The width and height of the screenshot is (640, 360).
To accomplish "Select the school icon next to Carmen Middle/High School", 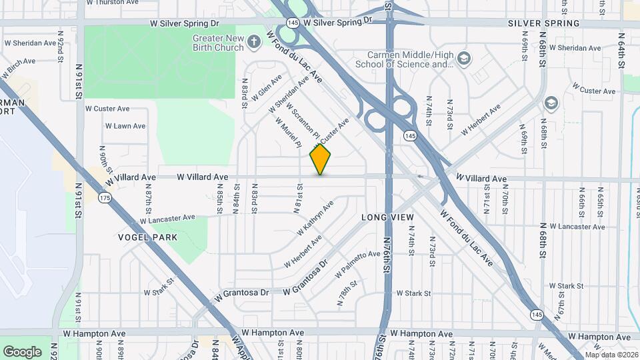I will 463,60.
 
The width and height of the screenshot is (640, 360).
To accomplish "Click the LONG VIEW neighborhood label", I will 387,218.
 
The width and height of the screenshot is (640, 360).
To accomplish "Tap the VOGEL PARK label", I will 147,237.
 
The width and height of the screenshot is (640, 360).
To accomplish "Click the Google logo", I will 22,351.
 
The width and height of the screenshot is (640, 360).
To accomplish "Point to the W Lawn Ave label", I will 125,126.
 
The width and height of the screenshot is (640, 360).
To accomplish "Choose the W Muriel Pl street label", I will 288,133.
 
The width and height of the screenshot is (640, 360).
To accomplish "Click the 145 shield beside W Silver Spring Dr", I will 293,23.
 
